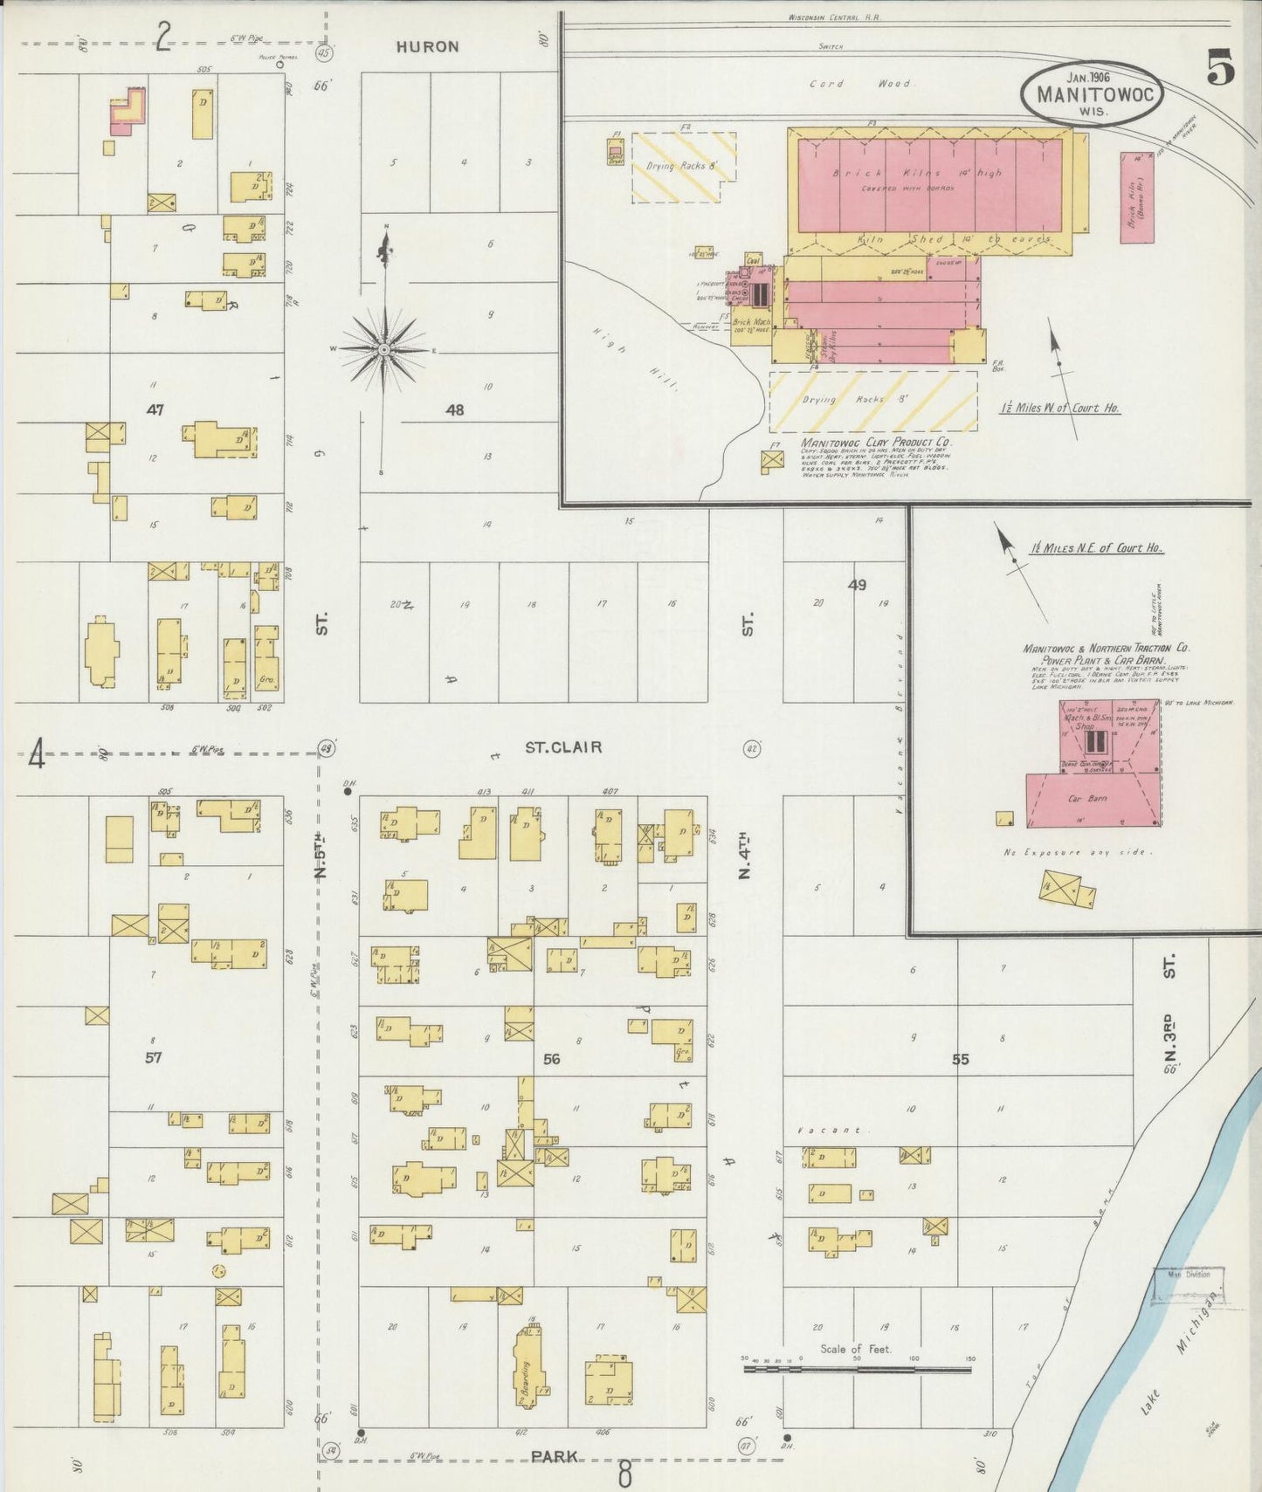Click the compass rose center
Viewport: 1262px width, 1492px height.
(383, 349)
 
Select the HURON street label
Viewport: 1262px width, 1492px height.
(427, 47)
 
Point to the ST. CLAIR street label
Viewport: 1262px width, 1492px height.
(563, 747)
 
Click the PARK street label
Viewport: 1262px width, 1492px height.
(554, 1456)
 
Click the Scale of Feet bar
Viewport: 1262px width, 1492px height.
(857, 1369)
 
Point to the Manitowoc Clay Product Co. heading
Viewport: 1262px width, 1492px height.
(876, 443)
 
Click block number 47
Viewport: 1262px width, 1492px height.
(155, 409)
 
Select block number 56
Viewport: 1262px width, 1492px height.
(551, 1059)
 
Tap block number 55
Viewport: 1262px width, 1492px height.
(960, 1059)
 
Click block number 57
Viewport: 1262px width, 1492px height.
(154, 1057)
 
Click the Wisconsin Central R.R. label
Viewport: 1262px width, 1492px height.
(834, 17)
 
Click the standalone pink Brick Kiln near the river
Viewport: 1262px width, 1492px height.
(1136, 198)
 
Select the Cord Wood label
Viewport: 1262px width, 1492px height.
(861, 84)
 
